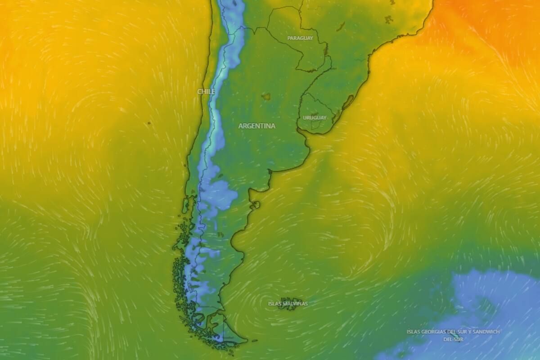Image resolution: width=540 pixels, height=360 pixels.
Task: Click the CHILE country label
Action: (206, 91)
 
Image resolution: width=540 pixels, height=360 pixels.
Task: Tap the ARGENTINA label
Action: (256, 126)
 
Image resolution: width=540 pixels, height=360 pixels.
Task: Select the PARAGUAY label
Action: (300, 38)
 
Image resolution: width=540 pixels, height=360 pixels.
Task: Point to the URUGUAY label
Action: (315, 117)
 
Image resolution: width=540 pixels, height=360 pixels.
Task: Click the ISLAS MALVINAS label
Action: (288, 304)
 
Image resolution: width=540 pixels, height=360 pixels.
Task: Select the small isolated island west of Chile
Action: (148, 123)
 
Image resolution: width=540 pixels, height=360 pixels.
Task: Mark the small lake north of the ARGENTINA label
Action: (266, 96)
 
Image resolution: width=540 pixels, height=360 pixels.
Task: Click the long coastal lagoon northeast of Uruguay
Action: (347, 103)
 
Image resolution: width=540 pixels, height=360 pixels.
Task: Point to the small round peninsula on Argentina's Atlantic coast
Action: (255, 206)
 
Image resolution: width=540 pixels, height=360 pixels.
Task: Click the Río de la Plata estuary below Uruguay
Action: (310, 137)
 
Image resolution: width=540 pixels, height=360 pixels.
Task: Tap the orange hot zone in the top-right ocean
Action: (486, 18)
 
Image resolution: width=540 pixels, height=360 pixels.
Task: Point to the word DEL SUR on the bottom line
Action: (453, 338)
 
